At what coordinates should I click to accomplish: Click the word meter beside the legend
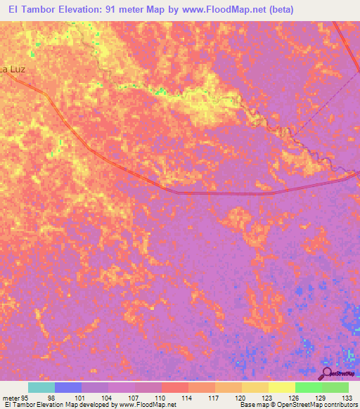(x=12, y=397)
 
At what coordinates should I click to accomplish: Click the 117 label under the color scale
(x=214, y=397)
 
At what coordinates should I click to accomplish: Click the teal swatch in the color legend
(x=41, y=387)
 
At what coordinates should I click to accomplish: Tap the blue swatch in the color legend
(x=68, y=387)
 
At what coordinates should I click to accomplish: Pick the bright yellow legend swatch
(x=281, y=387)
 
